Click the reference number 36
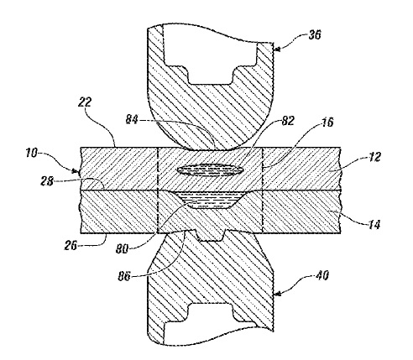pos(315,35)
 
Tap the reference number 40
pos(322,275)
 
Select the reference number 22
pos(85,102)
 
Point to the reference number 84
pos(133,119)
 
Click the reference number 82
pos(288,121)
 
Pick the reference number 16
pos(327,123)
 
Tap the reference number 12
pos(374,157)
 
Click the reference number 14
pos(374,224)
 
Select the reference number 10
pos(32,153)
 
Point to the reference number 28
pos(47,181)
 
